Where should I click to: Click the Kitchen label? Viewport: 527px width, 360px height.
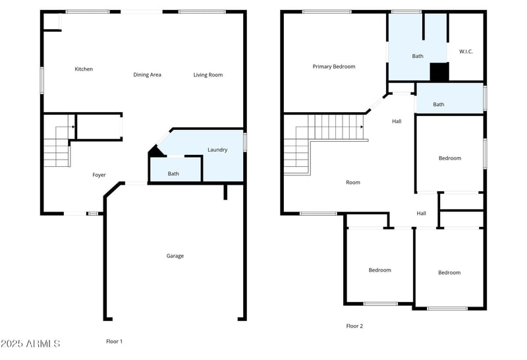click(84, 69)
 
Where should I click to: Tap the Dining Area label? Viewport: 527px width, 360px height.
click(147, 75)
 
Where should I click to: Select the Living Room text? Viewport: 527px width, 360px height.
click(208, 75)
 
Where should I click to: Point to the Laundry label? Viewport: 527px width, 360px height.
click(217, 150)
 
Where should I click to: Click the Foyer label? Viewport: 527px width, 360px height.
click(99, 175)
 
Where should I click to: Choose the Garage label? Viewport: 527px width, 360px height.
click(175, 256)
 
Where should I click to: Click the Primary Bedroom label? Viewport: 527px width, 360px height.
click(334, 67)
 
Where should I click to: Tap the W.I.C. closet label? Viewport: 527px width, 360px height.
click(466, 51)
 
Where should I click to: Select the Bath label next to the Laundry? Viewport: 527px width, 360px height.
click(173, 174)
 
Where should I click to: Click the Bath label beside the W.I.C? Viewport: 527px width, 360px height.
click(418, 56)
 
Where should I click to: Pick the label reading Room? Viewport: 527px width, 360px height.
click(353, 183)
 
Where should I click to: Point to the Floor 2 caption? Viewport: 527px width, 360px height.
click(354, 326)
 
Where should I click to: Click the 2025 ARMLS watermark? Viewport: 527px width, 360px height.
click(31, 344)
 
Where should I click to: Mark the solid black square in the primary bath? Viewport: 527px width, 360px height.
click(439, 72)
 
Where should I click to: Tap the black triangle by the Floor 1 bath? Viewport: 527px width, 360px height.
click(155, 152)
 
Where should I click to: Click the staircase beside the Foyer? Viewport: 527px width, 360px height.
click(57, 146)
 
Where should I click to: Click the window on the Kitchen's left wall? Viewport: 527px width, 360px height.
click(42, 80)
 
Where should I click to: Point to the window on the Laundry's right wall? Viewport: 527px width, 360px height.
click(244, 142)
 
